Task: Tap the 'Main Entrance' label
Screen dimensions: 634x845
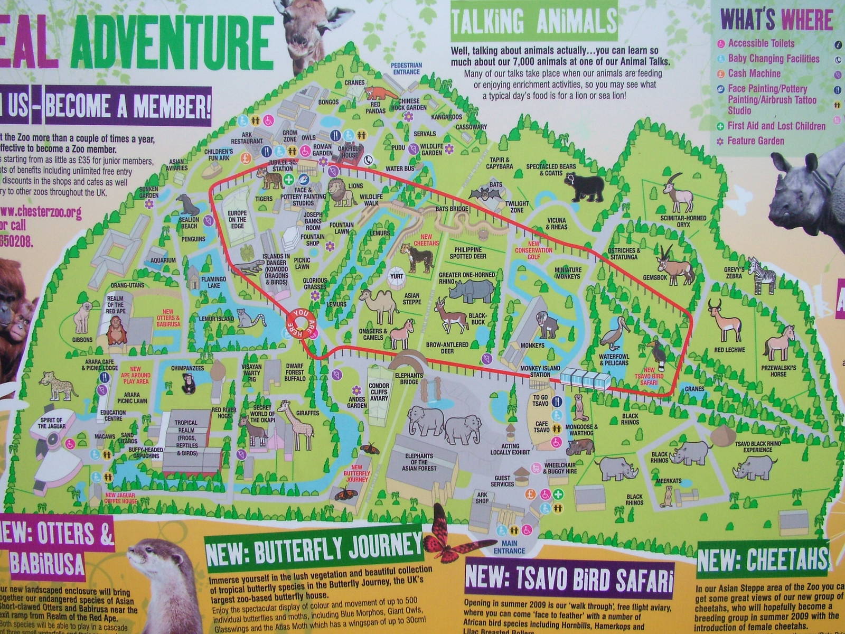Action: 509,547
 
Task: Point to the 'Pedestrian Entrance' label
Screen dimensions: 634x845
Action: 406,68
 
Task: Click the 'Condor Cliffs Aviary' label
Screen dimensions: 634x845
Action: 379,391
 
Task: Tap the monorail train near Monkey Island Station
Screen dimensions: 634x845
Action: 586,380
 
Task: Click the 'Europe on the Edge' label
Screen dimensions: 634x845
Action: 237,219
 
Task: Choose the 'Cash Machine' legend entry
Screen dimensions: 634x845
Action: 754,73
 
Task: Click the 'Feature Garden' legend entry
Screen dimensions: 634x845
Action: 755,141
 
